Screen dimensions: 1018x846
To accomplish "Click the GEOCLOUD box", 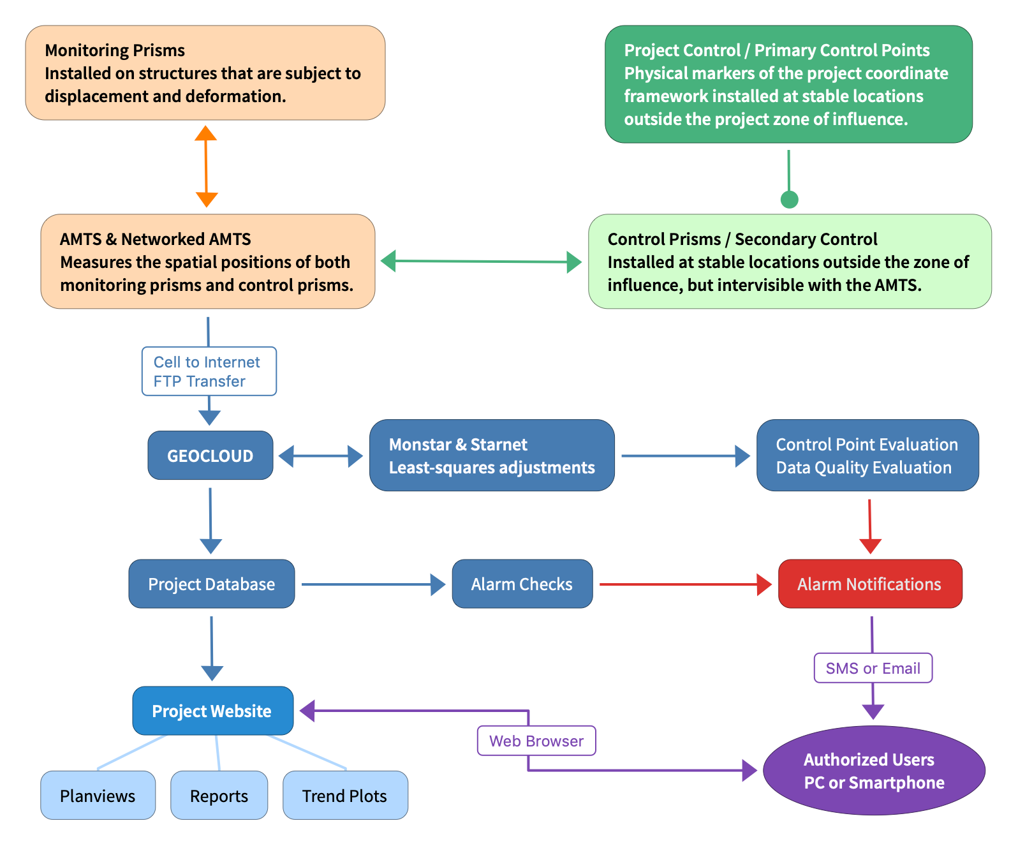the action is click(x=210, y=455).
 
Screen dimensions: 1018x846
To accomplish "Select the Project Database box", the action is click(x=212, y=584).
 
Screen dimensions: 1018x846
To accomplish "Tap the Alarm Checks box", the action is click(x=522, y=584).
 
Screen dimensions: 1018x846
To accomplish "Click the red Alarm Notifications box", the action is click(x=870, y=584).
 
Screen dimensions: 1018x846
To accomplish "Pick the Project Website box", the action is click(x=212, y=711).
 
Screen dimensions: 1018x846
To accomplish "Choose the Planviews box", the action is click(x=98, y=796).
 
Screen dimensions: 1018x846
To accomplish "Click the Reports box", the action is click(x=219, y=796).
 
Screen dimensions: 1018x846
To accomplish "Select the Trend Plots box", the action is click(x=345, y=796).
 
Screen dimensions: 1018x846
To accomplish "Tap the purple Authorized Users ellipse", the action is click(x=874, y=771).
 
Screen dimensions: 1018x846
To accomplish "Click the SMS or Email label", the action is click(x=873, y=668).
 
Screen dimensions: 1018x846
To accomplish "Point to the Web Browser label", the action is click(x=536, y=741).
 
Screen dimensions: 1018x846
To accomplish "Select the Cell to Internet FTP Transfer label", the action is click(x=209, y=371).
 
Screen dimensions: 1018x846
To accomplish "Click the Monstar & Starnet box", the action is click(x=491, y=455).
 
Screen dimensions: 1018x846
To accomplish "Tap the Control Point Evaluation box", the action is click(x=867, y=455).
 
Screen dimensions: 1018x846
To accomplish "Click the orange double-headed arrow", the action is click(x=206, y=167).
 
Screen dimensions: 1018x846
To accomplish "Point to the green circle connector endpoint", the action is click(x=790, y=200).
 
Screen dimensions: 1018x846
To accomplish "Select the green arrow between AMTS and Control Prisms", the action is click(x=481, y=262).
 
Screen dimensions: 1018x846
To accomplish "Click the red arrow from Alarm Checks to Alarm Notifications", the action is click(x=686, y=584).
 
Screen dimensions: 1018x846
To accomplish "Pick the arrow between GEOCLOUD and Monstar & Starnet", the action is click(x=321, y=456).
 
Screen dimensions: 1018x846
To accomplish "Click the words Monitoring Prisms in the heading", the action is click(x=115, y=50).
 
